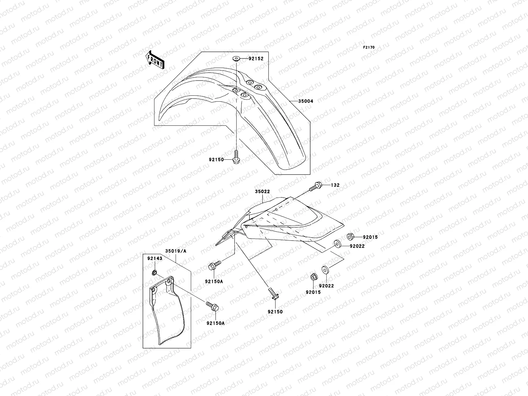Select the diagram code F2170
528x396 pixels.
(x=369, y=48)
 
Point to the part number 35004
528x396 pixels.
(x=305, y=101)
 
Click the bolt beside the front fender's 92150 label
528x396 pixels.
(x=236, y=157)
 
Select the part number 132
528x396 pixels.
(x=335, y=185)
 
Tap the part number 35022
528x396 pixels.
(x=262, y=191)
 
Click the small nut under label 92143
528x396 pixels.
(x=154, y=273)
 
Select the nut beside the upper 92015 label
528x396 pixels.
(x=350, y=236)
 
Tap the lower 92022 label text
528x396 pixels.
(x=327, y=286)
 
